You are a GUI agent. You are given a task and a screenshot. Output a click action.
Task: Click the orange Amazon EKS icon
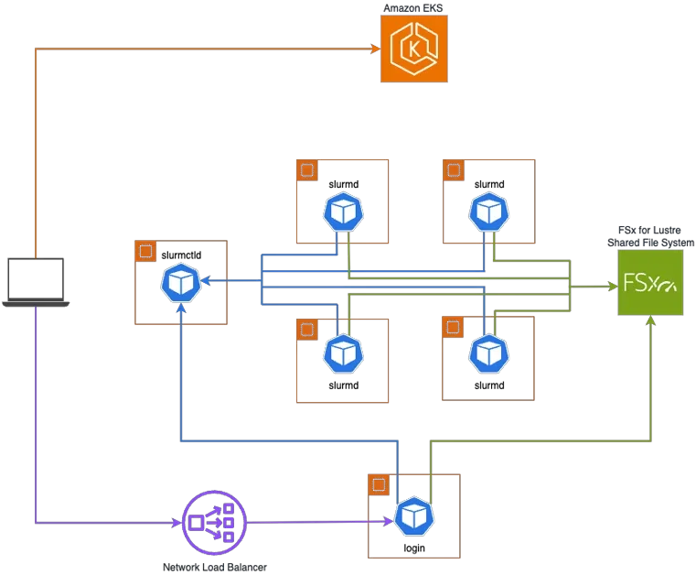pyautogui.click(x=413, y=49)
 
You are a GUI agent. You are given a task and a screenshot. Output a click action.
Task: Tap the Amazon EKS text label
pyautogui.click(x=412, y=8)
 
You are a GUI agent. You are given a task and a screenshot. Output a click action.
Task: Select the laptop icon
pyautogui.click(x=36, y=282)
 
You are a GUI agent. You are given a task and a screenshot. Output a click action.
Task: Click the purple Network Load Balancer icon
pyautogui.click(x=214, y=523)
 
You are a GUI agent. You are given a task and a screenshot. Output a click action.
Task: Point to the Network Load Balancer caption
pyautogui.click(x=215, y=567)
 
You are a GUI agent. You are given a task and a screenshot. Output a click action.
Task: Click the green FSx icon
pyautogui.click(x=650, y=283)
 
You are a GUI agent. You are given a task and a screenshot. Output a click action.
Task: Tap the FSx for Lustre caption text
pyautogui.click(x=649, y=230)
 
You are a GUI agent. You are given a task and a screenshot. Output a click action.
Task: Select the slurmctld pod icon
pyautogui.click(x=181, y=283)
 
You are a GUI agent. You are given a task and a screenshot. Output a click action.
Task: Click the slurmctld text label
pyautogui.click(x=181, y=255)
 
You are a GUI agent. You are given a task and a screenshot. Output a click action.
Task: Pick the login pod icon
pyautogui.click(x=414, y=516)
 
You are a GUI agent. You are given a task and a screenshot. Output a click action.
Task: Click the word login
pyautogui.click(x=414, y=548)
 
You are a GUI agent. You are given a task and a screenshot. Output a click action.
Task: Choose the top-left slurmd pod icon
pyautogui.click(x=344, y=212)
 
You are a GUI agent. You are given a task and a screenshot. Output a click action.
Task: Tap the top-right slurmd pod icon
pyautogui.click(x=489, y=212)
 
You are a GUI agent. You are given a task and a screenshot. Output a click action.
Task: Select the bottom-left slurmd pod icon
pyautogui.click(x=344, y=353)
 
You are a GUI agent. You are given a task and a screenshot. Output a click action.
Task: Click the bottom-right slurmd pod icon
pyautogui.click(x=489, y=353)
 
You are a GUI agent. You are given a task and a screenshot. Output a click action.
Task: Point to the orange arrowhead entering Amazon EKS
pyautogui.click(x=376, y=49)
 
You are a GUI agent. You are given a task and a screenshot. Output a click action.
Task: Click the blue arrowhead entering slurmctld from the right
pyautogui.click(x=206, y=280)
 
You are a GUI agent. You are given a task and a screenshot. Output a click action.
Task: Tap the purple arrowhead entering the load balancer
pyautogui.click(x=177, y=523)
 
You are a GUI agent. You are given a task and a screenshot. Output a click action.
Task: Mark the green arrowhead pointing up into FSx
pyautogui.click(x=650, y=320)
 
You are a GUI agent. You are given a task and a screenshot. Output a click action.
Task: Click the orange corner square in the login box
pyautogui.click(x=379, y=484)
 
